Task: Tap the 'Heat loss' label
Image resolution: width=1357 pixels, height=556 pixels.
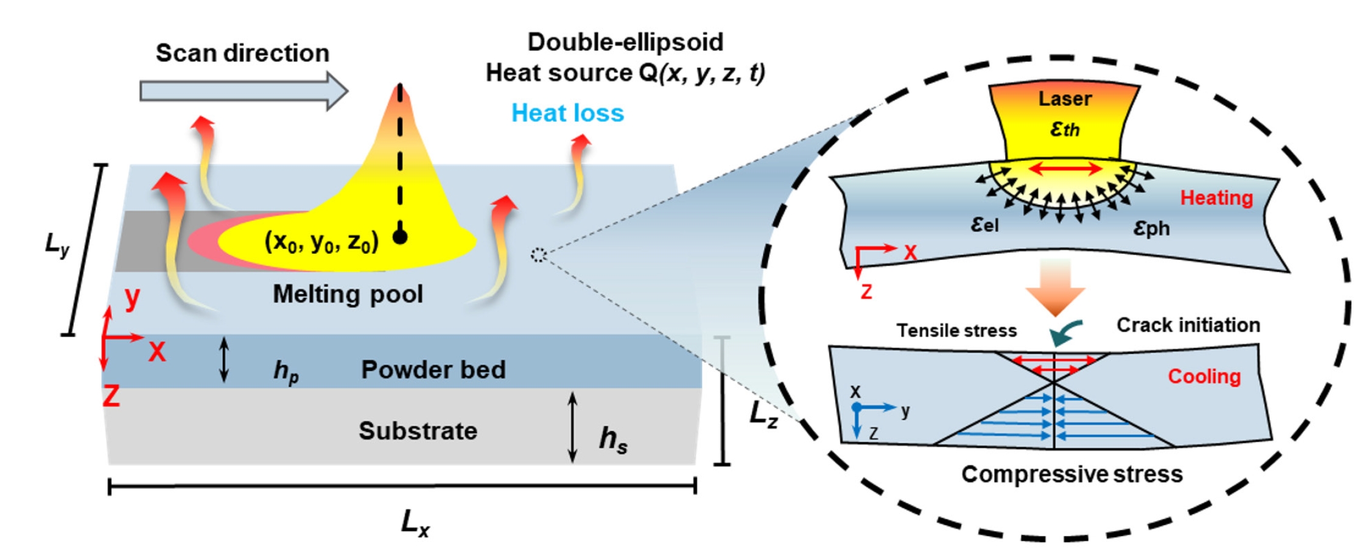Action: pyautogui.click(x=567, y=113)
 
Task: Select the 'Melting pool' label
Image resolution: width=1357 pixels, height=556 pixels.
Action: pyautogui.click(x=348, y=294)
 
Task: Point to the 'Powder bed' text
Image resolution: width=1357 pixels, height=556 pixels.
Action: pyautogui.click(x=433, y=370)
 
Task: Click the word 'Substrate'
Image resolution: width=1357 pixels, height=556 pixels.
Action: pyautogui.click(x=418, y=431)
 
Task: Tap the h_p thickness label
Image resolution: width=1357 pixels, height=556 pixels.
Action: pyautogui.click(x=286, y=371)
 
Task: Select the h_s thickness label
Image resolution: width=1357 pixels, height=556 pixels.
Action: pyautogui.click(x=612, y=439)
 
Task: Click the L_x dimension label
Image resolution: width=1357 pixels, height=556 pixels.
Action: pyautogui.click(x=415, y=524)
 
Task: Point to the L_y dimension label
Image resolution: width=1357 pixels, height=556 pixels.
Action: pyautogui.click(x=57, y=245)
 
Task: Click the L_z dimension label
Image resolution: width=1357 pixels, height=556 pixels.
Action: pyautogui.click(x=763, y=416)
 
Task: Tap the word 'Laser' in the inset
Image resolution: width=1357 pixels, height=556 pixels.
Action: pyautogui.click(x=1065, y=99)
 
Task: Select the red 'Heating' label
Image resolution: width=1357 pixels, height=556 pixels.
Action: pyautogui.click(x=1216, y=198)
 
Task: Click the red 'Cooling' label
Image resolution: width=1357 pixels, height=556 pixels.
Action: pyautogui.click(x=1204, y=376)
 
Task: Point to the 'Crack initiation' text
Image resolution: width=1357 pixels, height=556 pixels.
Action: pyautogui.click(x=1188, y=325)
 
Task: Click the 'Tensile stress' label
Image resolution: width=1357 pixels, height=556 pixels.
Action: pyautogui.click(x=956, y=331)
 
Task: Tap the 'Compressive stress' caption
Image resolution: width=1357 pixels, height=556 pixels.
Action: pyautogui.click(x=1071, y=474)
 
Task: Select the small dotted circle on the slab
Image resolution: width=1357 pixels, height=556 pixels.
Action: pyautogui.click(x=538, y=255)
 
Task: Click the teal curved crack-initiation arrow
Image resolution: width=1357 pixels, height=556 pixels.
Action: pyautogui.click(x=1064, y=333)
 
